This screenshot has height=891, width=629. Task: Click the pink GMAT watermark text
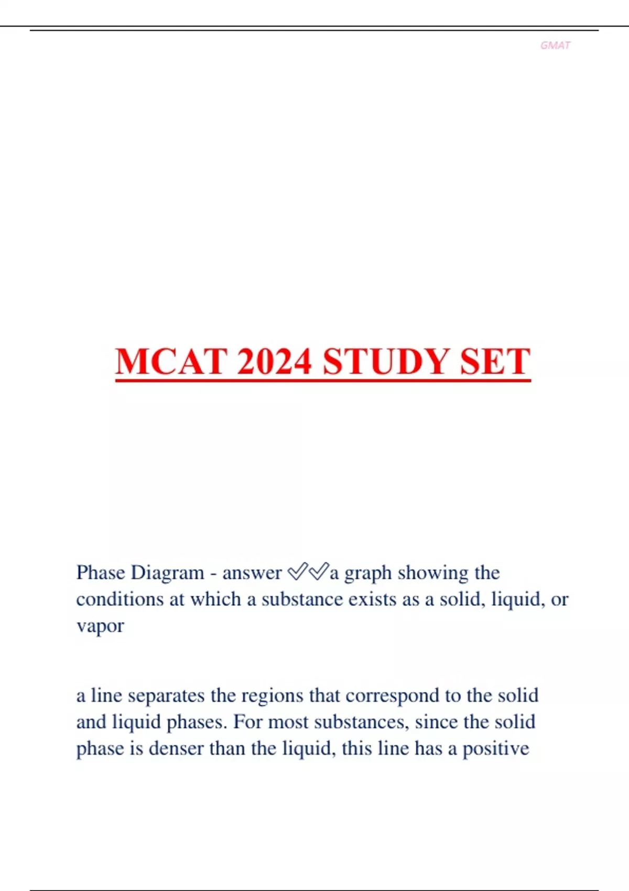(x=555, y=46)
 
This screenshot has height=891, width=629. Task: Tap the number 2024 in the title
(x=274, y=362)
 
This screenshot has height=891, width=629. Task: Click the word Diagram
(x=167, y=572)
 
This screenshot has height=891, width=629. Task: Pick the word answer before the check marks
(x=252, y=573)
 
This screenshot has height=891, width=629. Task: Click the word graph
(x=367, y=573)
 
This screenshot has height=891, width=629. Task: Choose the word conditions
(x=120, y=599)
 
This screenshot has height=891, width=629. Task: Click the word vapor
(x=100, y=626)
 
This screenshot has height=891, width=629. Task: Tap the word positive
(x=495, y=749)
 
